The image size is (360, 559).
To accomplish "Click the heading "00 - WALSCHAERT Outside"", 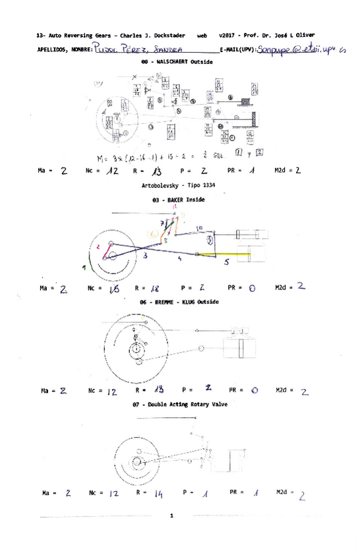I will pos(177,61).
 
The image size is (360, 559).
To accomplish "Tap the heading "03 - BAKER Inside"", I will pos(177,199).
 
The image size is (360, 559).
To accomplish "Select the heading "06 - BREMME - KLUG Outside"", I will pos(177,301).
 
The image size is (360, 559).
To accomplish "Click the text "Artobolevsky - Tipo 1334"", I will pos(177,187).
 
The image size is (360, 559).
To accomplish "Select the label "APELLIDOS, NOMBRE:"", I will pos(65,49).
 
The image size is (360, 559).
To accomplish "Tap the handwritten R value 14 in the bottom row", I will pos(158,493).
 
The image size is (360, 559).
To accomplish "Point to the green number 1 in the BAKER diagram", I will pos(84,267).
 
